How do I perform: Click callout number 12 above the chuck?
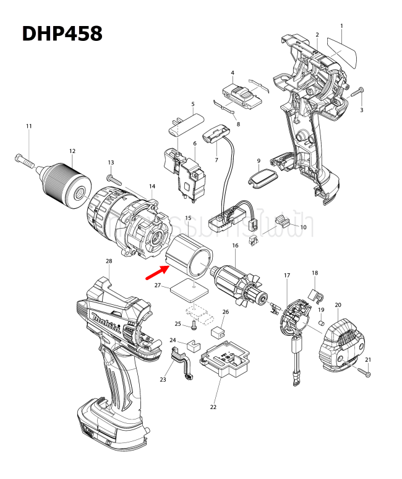click(72, 151)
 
